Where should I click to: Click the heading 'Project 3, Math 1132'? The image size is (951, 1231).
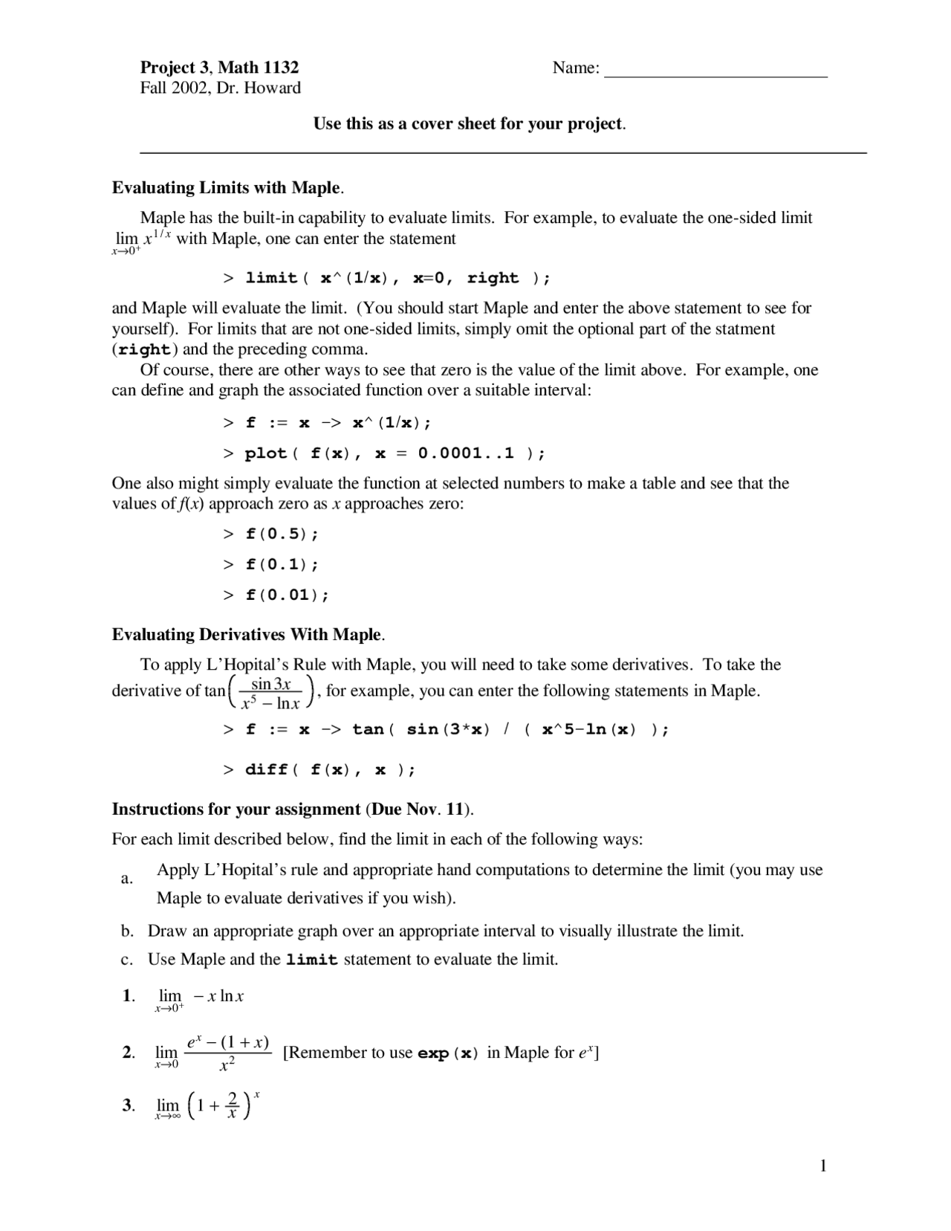[x=219, y=68]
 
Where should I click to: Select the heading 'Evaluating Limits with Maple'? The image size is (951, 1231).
[x=227, y=187]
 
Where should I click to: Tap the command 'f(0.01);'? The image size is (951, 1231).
[x=287, y=595]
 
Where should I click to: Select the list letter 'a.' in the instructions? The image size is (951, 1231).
[x=127, y=879]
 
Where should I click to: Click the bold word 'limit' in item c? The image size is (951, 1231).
[x=312, y=960]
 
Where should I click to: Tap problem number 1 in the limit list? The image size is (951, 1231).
[x=128, y=996]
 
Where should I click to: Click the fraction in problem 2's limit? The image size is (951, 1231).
[x=227, y=1053]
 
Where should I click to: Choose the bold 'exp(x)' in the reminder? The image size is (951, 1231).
[x=448, y=1053]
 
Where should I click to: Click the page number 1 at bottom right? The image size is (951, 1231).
[x=823, y=1166]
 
